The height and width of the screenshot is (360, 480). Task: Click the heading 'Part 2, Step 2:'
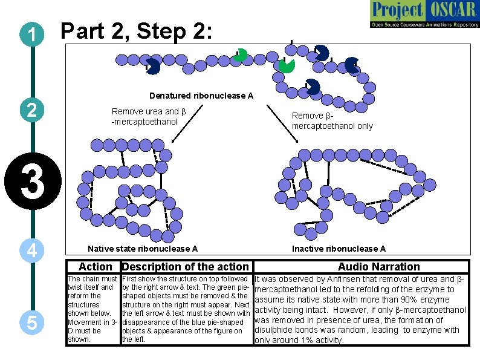[137, 32]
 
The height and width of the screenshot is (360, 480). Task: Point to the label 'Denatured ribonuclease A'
[201, 96]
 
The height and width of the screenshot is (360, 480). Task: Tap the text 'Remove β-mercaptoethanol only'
[332, 121]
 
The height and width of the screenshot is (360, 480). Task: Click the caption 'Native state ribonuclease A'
[143, 249]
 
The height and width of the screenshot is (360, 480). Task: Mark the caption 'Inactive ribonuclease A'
[339, 249]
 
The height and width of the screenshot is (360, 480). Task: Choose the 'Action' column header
[95, 267]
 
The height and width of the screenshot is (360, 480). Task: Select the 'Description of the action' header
[186, 267]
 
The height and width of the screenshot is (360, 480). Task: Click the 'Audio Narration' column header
[378, 267]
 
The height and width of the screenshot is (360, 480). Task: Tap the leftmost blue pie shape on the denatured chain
[153, 67]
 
